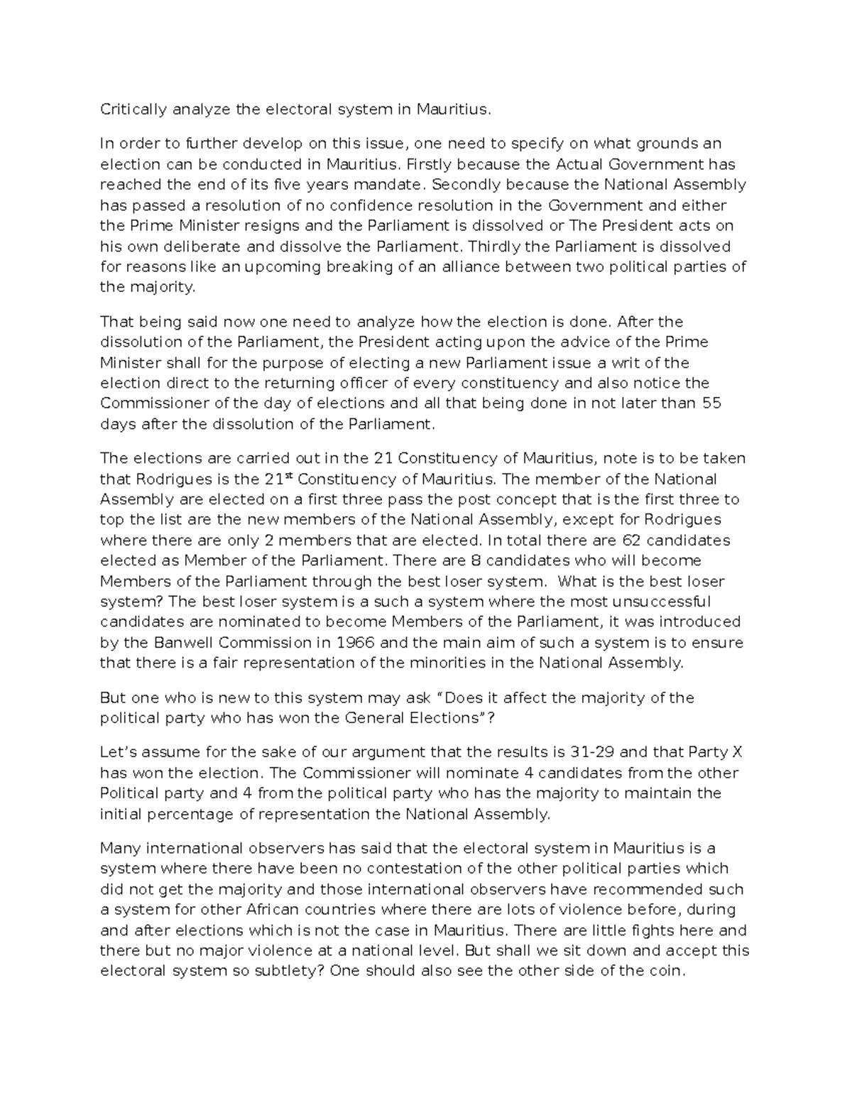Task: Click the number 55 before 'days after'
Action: [711, 403]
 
